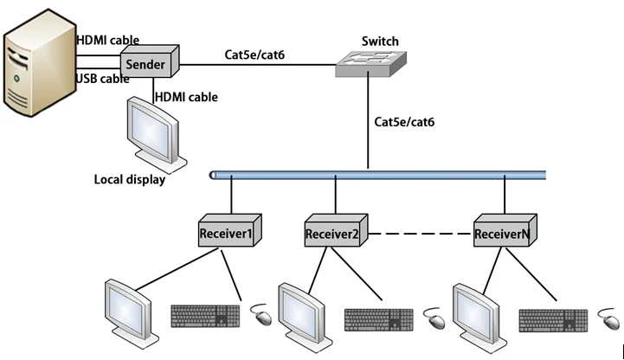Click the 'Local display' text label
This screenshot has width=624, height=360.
(129, 180)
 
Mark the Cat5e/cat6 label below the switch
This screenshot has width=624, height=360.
(404, 122)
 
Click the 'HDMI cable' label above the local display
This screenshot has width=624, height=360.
(186, 97)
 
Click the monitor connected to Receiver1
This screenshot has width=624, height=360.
(128, 307)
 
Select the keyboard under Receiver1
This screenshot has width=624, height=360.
(206, 316)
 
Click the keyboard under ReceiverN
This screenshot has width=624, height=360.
(554, 319)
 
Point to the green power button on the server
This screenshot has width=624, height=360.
(16, 80)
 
